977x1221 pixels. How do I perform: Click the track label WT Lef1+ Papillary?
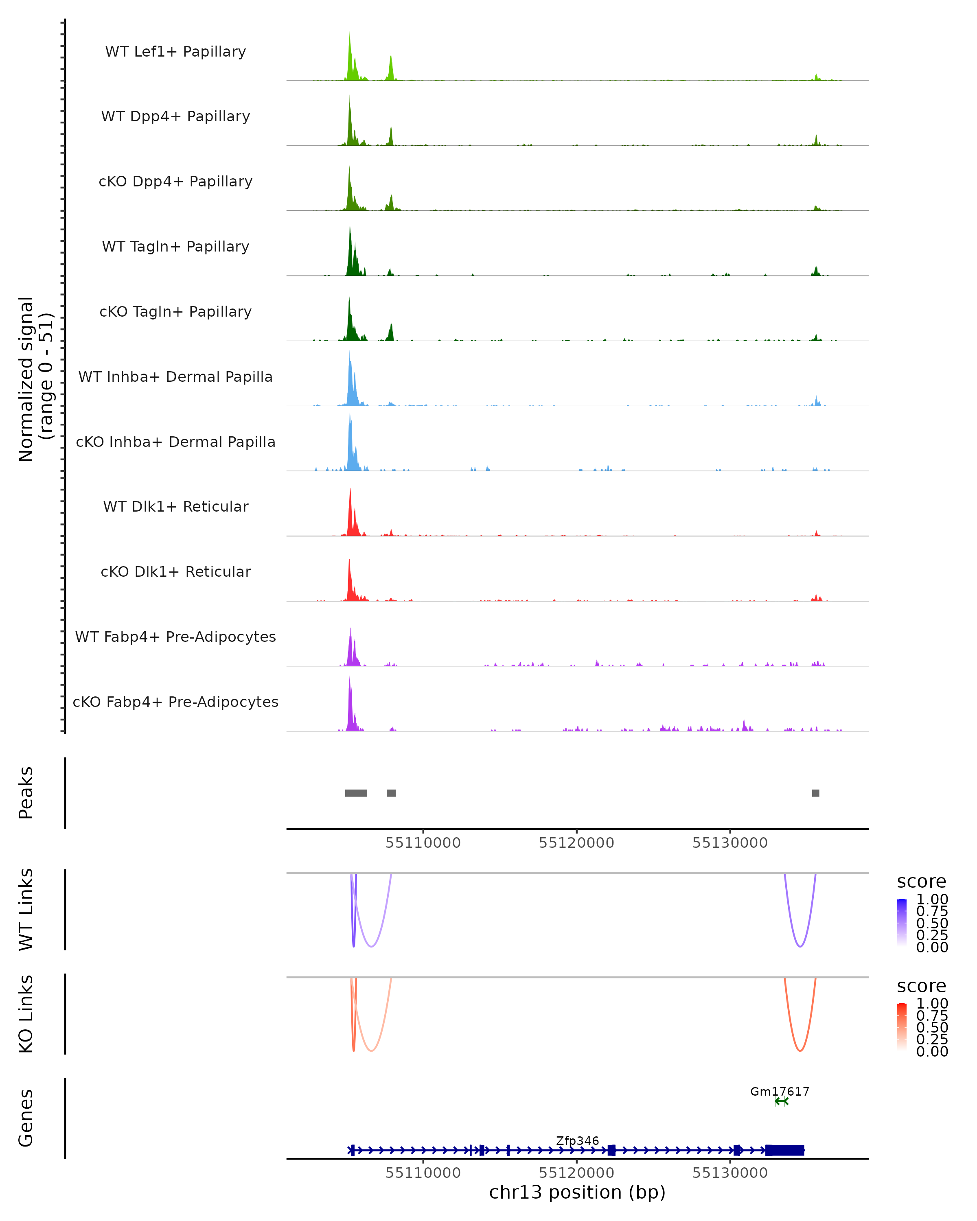(x=175, y=52)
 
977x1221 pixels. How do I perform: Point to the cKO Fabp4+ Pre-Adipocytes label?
(x=175, y=702)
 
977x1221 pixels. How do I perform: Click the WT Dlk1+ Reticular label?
(x=175, y=506)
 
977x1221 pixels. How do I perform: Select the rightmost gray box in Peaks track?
(x=815, y=793)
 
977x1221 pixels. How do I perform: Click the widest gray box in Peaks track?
(x=356, y=793)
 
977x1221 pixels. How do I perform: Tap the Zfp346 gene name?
(x=577, y=1140)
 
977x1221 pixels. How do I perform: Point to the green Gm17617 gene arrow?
(x=782, y=1101)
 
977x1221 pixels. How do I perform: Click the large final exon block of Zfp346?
(x=784, y=1150)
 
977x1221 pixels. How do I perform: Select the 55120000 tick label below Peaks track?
(x=576, y=843)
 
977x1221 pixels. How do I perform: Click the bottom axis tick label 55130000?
(x=730, y=1173)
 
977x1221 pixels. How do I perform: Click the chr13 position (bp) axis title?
(x=577, y=1192)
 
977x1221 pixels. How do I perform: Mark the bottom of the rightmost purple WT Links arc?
(x=800, y=946)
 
